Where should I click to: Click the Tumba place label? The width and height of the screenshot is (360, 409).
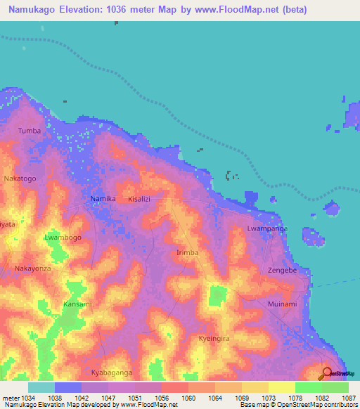click(30, 131)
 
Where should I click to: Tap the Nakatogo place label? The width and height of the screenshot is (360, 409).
click(20, 178)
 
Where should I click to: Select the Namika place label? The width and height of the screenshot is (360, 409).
click(103, 200)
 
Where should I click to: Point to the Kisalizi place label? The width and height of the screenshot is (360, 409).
click(140, 200)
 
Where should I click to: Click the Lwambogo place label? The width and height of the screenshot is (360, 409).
click(63, 238)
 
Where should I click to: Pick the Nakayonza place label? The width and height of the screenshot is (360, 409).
click(34, 268)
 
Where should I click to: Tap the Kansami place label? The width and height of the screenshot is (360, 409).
click(77, 304)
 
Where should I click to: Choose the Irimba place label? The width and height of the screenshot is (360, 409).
click(187, 252)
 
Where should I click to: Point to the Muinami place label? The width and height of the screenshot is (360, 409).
click(283, 304)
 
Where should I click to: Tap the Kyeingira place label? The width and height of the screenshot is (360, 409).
click(214, 338)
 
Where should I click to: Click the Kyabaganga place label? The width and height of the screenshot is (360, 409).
click(112, 372)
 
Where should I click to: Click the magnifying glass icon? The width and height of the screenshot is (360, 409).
click(326, 372)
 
